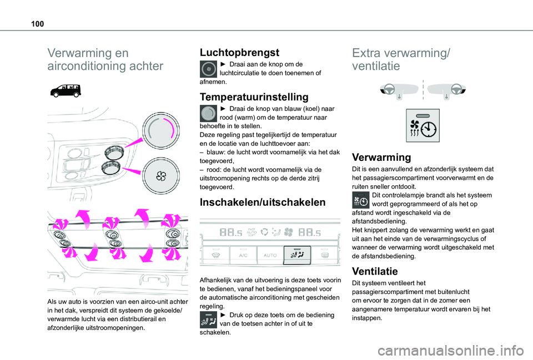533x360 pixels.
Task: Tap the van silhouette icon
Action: tap(65, 89)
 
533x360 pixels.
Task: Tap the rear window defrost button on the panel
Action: tap(325, 255)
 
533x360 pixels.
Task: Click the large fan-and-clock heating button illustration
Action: tap(423, 125)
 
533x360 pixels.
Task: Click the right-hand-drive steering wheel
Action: tap(456, 89)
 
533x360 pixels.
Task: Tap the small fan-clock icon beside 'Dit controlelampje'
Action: tap(361, 200)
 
